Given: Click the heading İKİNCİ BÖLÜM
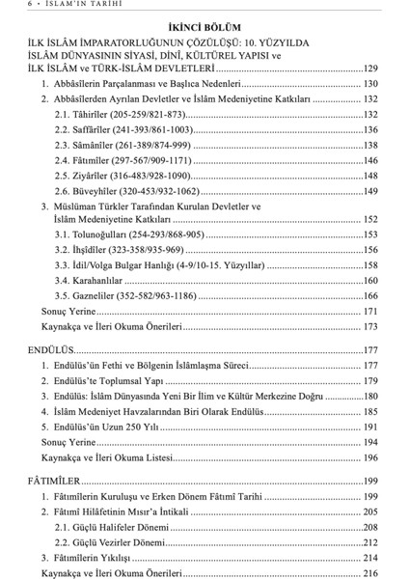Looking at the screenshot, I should [204, 28].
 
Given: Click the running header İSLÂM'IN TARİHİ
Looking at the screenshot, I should [68, 6].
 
